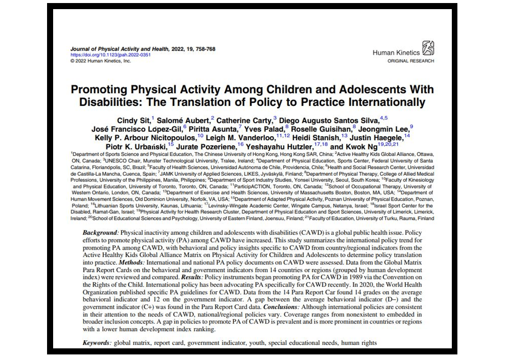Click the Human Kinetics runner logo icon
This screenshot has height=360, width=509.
tap(428, 48)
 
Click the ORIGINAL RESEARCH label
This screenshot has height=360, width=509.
tap(411, 61)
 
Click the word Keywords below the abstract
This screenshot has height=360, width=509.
tap(97, 343)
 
